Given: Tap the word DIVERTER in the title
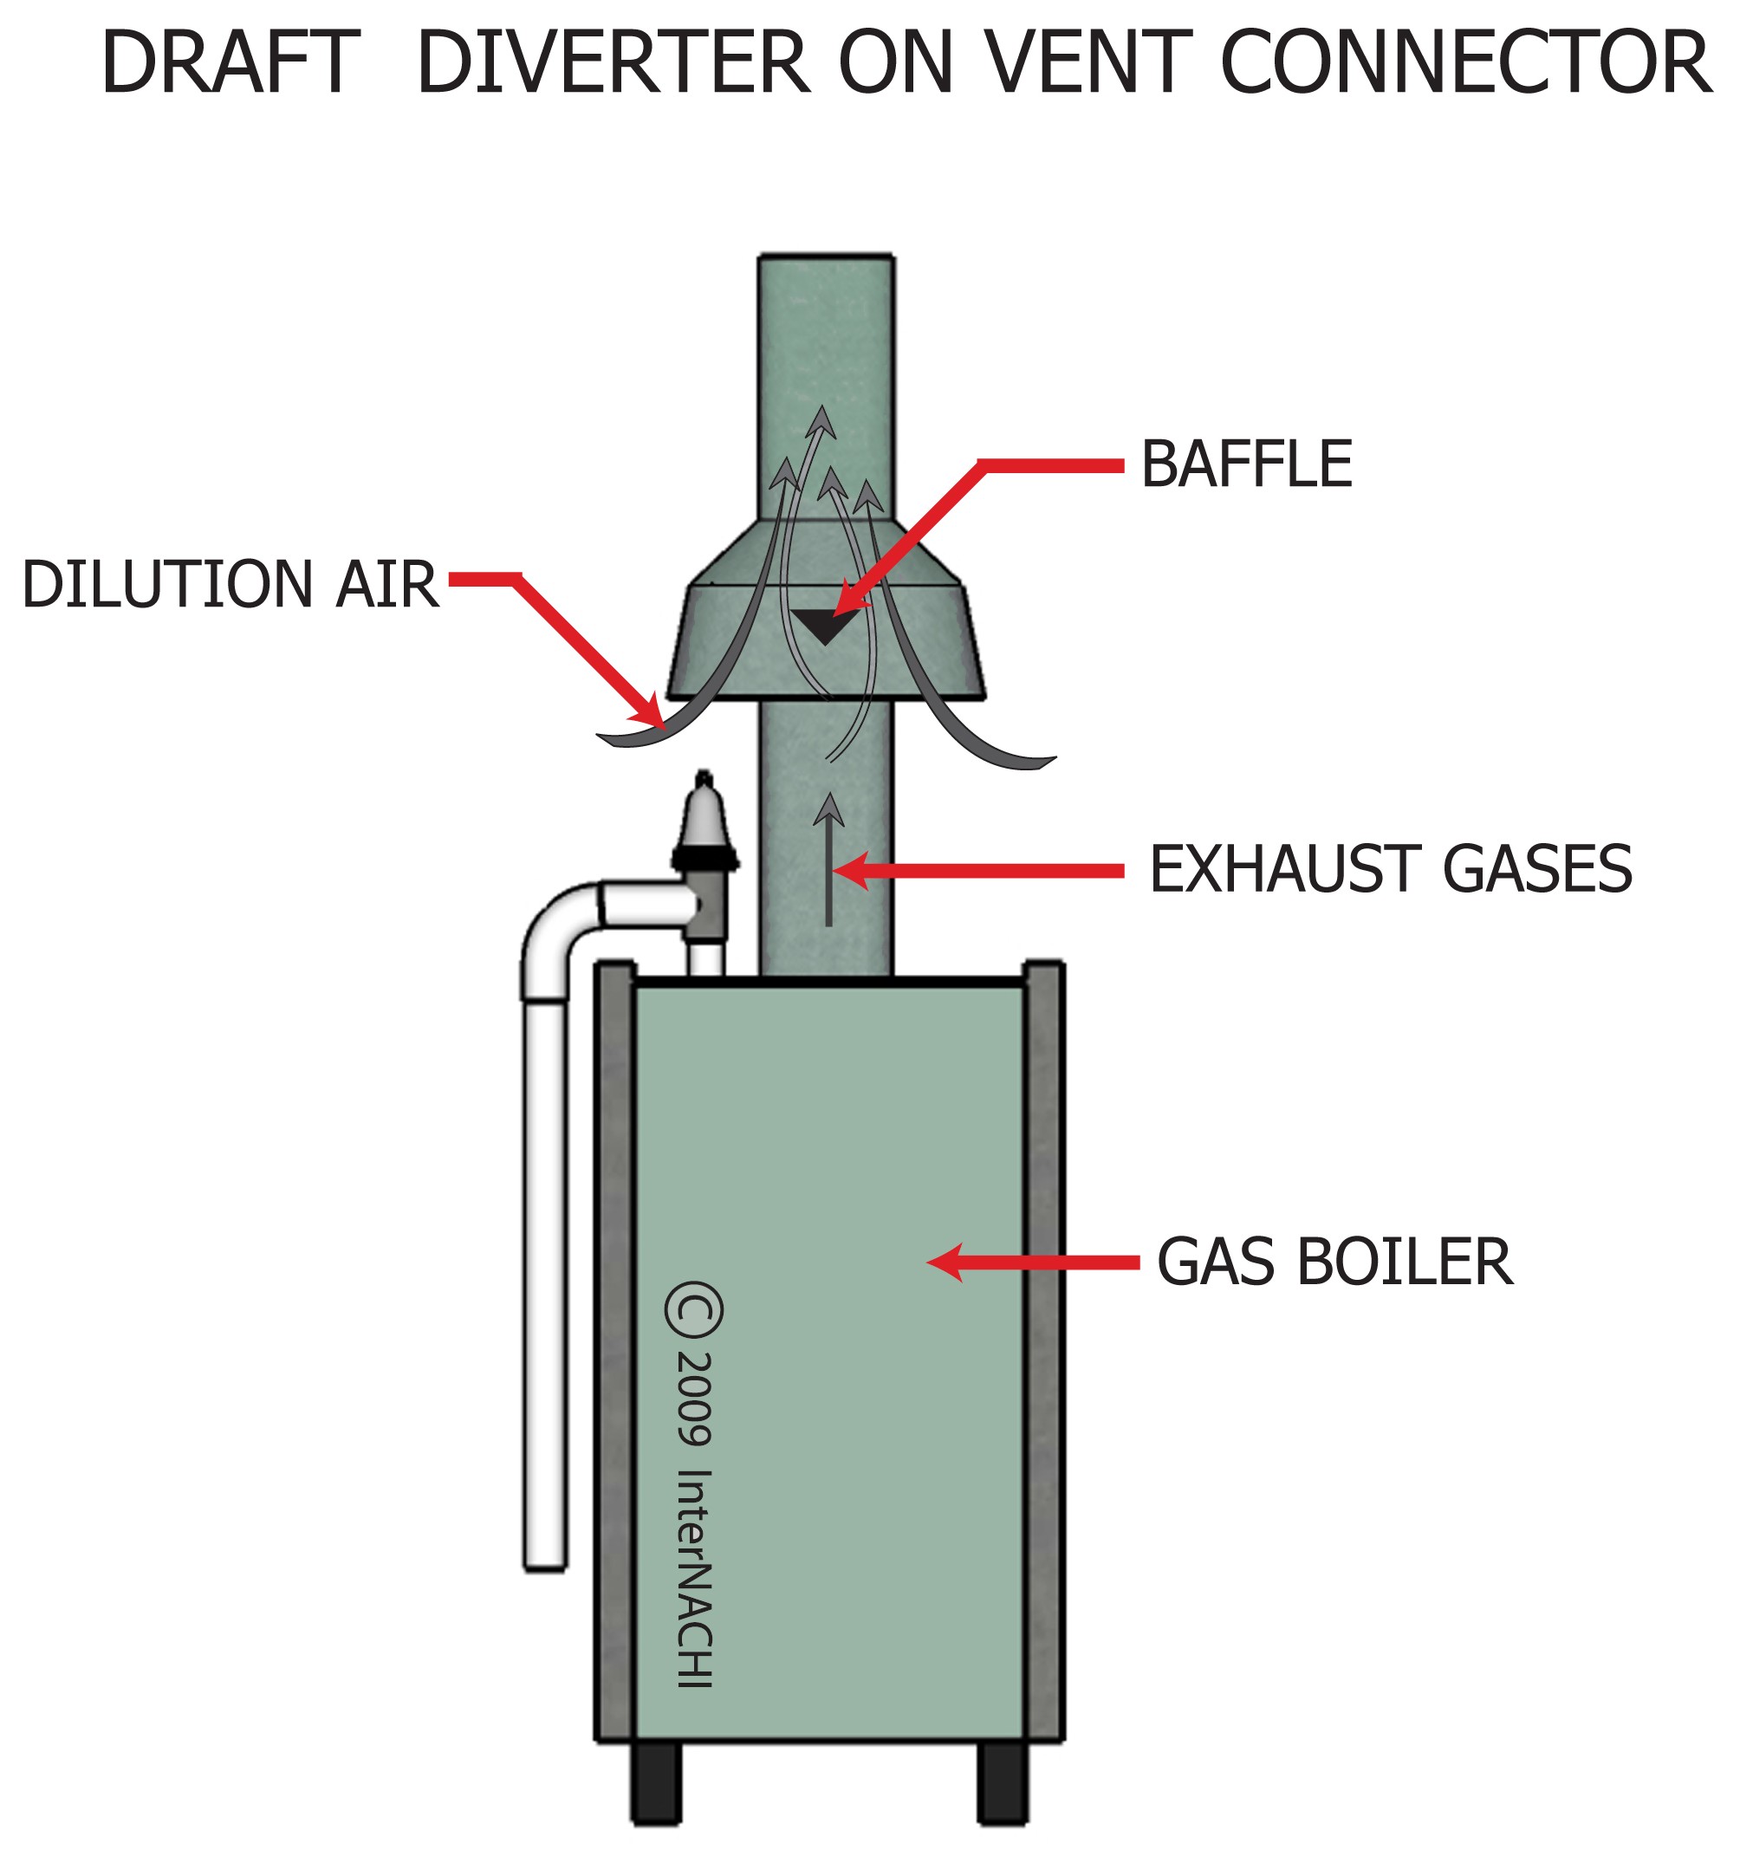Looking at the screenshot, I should [614, 63].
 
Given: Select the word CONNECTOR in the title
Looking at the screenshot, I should [1464, 63].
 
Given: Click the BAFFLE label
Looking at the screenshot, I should [1246, 464].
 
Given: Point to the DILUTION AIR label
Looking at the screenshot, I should [229, 584].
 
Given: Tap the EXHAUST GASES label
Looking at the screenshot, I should [1390, 869].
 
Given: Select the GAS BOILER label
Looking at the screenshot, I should [1334, 1263].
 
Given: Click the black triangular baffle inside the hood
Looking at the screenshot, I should [823, 626].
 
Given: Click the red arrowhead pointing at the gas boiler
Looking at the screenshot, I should [945, 1263].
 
